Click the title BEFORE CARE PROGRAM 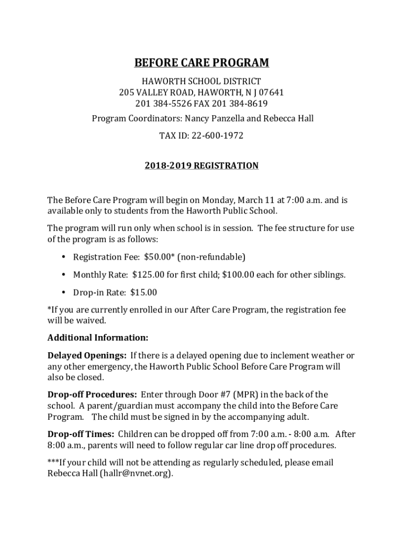coord(201,63)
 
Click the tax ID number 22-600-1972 coord(217,136)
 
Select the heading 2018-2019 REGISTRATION coord(201,166)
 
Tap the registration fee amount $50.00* coord(159,257)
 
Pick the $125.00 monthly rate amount coord(149,275)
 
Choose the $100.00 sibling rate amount coord(239,275)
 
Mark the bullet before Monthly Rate coord(63,275)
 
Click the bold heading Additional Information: coord(98,338)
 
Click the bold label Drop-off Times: coord(81,434)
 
